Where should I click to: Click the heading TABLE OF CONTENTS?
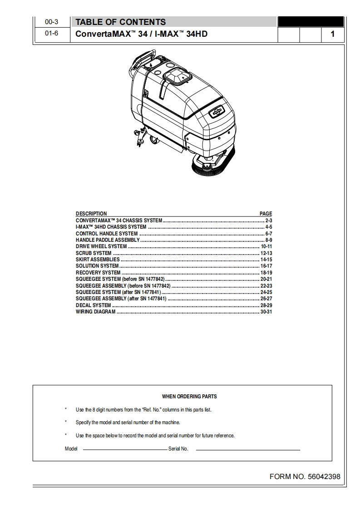click(x=120, y=22)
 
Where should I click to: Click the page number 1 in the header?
click(x=333, y=34)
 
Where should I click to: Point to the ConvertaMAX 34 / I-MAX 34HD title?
click(x=141, y=34)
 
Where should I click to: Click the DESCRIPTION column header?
click(x=91, y=214)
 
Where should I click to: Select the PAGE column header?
click(x=266, y=214)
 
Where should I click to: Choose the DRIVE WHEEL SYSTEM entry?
click(x=101, y=246)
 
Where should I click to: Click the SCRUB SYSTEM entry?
click(x=94, y=253)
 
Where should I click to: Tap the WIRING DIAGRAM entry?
click(x=95, y=312)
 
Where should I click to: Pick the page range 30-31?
click(x=266, y=312)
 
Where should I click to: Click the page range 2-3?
click(x=268, y=220)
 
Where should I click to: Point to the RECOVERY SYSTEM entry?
click(x=98, y=273)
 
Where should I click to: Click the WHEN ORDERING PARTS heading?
click(x=189, y=396)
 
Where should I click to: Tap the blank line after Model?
click(x=125, y=450)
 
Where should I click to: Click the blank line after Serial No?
click(x=248, y=450)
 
